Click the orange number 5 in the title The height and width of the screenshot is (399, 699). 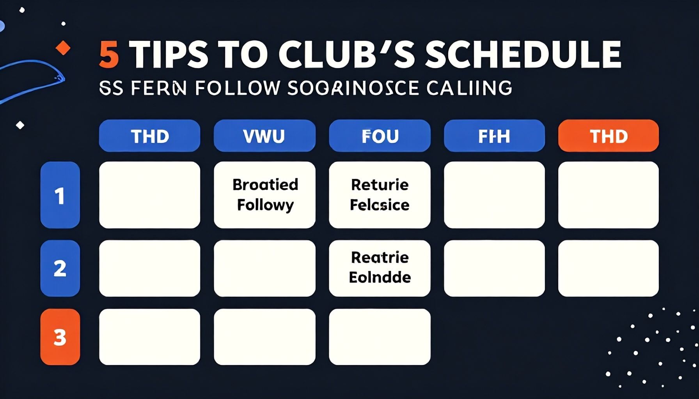[109, 55]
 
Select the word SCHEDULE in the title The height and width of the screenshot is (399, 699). [523, 55]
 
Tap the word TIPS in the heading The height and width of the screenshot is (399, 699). [169, 55]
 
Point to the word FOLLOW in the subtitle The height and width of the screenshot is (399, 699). [237, 88]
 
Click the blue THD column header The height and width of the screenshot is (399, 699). [150, 136]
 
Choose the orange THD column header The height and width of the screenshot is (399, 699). [609, 136]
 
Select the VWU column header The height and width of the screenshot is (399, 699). [264, 136]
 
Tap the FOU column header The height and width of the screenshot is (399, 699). [380, 136]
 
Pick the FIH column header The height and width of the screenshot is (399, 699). [494, 136]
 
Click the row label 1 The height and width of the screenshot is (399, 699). [60, 195]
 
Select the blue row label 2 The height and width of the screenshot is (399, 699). [60, 268]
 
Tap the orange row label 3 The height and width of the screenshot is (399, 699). [60, 337]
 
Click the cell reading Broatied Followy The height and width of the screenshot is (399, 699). [265, 195]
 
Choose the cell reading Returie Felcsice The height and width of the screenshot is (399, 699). [380, 195]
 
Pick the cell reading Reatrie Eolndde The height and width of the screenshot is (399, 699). [380, 268]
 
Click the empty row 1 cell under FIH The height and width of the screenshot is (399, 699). [494, 195]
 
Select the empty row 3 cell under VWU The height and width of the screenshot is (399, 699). [265, 337]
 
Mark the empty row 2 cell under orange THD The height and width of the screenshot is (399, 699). [609, 268]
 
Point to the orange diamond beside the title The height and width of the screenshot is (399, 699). [63, 49]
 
